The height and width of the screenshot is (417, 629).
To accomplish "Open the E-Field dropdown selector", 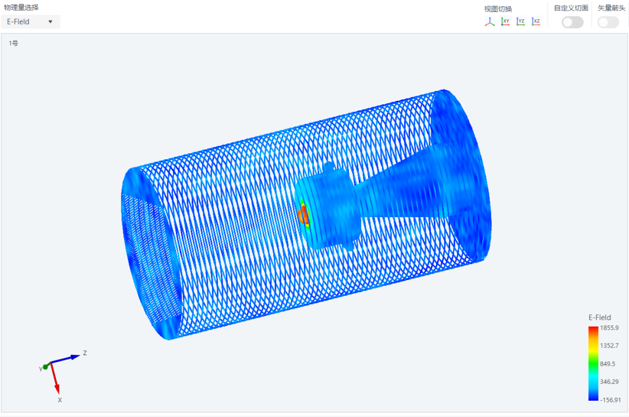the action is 30,22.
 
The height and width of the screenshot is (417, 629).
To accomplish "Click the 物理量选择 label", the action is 22,7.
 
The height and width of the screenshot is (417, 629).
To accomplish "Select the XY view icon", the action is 505,22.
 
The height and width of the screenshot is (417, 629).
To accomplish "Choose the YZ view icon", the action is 521,22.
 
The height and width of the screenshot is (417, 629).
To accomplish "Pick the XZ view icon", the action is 536,22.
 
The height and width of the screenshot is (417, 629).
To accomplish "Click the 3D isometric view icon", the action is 490,22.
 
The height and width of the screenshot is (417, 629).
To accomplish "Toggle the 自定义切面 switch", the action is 573,22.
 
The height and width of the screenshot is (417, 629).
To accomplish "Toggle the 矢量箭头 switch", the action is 608,22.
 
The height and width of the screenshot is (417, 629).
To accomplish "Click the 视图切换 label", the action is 498,9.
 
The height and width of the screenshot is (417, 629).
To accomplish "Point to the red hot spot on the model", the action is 303,214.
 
